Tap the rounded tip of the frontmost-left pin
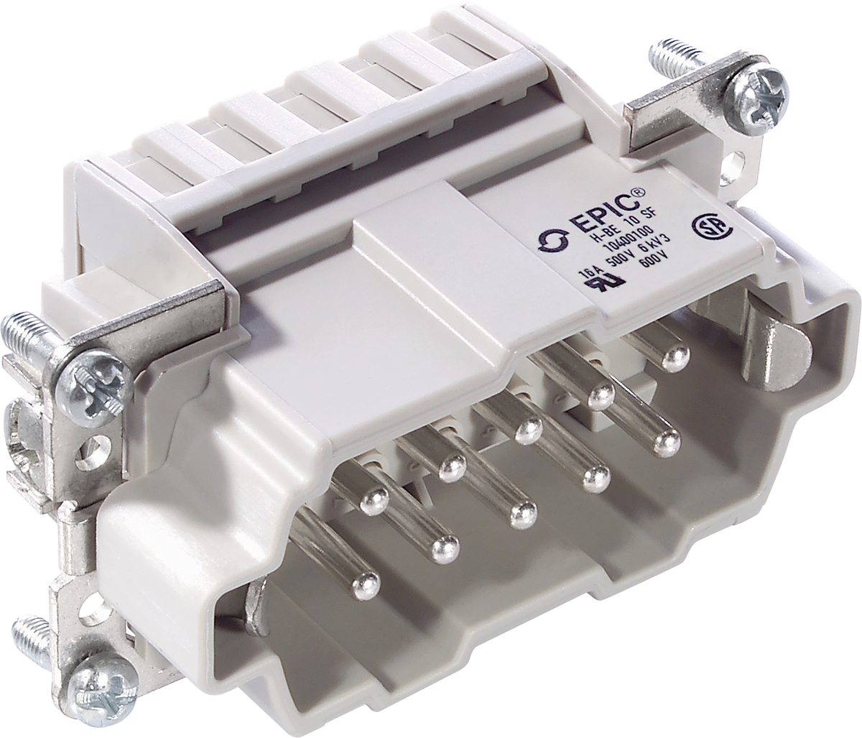(364, 582)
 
